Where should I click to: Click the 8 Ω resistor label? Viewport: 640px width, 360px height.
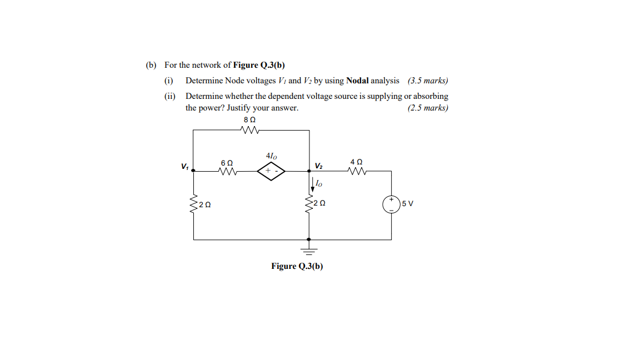[249, 119]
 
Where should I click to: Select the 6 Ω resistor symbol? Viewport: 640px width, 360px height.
[227, 172]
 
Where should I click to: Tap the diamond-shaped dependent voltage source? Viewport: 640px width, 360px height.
[271, 172]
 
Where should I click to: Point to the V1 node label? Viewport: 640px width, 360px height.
[184, 166]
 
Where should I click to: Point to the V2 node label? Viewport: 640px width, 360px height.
[318, 166]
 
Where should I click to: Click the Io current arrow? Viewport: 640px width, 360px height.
[311, 183]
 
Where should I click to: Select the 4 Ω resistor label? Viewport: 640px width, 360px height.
[356, 162]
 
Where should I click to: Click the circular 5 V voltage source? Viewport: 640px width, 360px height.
[391, 204]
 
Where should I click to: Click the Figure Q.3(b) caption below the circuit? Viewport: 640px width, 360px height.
[297, 266]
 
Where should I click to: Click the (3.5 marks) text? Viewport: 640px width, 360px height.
[428, 81]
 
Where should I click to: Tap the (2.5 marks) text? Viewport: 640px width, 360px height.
[428, 108]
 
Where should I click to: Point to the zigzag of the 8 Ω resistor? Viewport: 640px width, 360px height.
[249, 131]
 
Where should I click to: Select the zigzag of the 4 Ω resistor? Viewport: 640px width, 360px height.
[356, 172]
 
